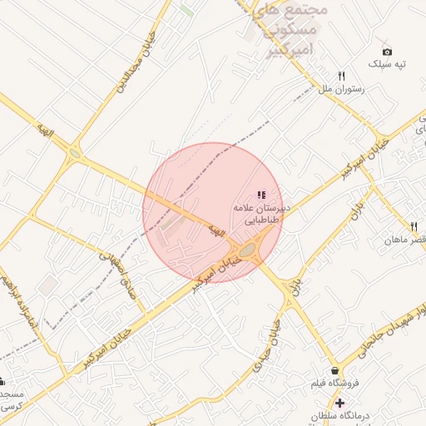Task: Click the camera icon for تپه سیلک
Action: [x=387, y=51]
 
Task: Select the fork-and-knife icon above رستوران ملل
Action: [x=341, y=75]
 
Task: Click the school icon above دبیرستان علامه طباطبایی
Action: [x=261, y=195]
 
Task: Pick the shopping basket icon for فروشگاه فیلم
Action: [x=334, y=371]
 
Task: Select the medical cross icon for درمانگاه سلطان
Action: [x=339, y=404]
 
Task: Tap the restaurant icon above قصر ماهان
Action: [x=414, y=226]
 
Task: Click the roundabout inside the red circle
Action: [x=247, y=248]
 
